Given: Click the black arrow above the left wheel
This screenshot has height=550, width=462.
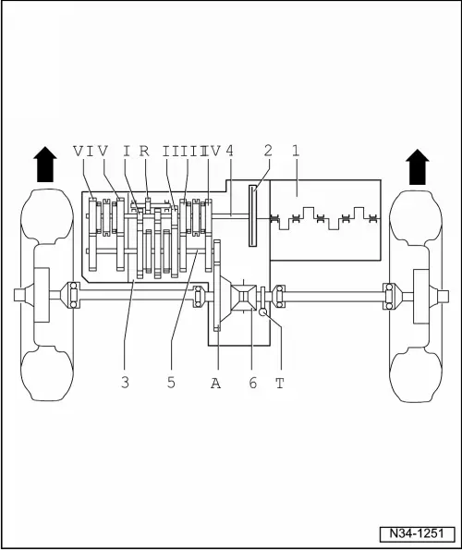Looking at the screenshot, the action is pyautogui.click(x=45, y=165).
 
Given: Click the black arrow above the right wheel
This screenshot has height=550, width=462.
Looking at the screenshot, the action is pyautogui.click(x=418, y=167).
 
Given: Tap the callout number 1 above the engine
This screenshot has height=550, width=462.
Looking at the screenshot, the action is pyautogui.click(x=297, y=151).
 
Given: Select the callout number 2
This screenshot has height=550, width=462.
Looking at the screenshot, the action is pyautogui.click(x=268, y=151).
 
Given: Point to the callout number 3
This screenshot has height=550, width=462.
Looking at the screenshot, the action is pyautogui.click(x=125, y=382).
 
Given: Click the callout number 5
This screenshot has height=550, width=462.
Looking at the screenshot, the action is pyautogui.click(x=171, y=382).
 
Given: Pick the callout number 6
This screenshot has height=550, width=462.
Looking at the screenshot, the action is pyautogui.click(x=253, y=383).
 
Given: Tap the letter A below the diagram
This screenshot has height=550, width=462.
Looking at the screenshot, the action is pyautogui.click(x=216, y=383).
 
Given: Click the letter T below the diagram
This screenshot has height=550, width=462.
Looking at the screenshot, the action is pyautogui.click(x=280, y=383).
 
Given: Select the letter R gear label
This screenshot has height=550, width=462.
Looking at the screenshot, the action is pyautogui.click(x=144, y=151).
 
